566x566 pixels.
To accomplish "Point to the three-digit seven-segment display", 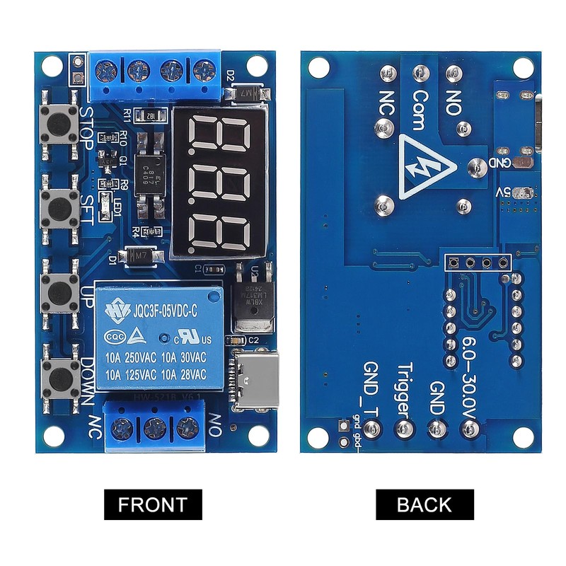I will click(221, 183).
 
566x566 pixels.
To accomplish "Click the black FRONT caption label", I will click(153, 505).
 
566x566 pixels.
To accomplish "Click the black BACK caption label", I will click(424, 505).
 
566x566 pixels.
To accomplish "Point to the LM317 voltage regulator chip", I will click(251, 297).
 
